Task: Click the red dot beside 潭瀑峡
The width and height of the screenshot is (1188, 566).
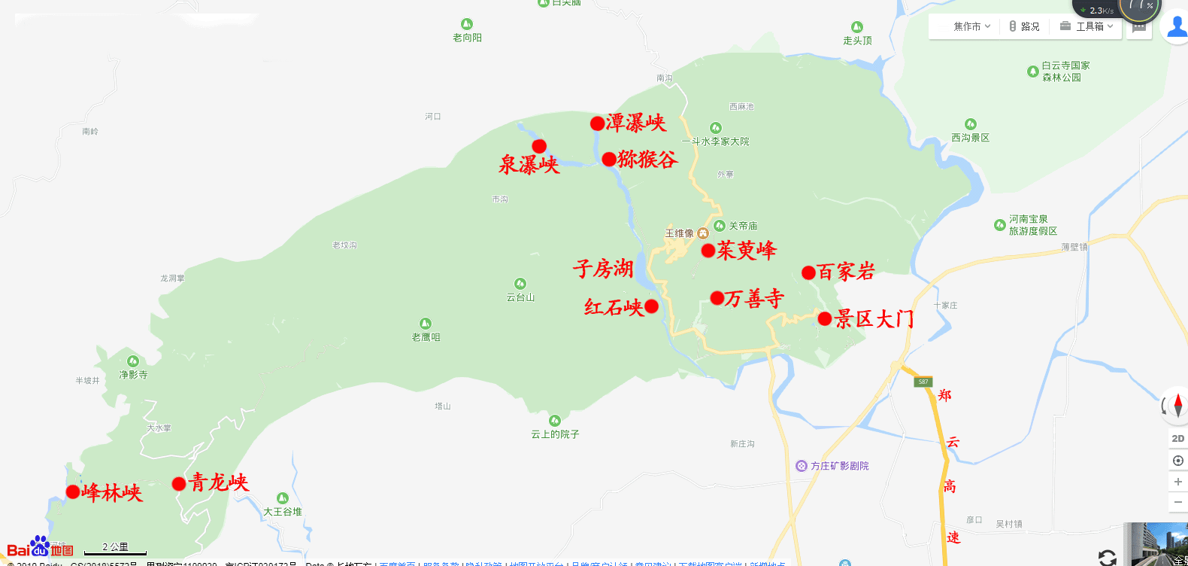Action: (597, 123)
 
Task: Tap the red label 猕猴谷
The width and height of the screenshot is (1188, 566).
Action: (647, 159)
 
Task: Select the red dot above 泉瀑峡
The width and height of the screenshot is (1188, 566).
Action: (539, 146)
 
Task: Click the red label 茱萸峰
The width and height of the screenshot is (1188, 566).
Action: (747, 250)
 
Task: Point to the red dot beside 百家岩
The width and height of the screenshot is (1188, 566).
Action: (809, 272)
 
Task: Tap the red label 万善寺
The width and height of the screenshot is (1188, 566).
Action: (754, 298)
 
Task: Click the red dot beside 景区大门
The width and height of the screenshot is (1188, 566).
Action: (825, 319)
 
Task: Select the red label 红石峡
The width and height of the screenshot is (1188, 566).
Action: (614, 306)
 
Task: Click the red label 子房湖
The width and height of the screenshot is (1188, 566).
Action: (603, 268)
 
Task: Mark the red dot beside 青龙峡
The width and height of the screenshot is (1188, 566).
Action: (179, 484)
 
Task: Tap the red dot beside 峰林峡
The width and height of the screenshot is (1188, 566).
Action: (73, 492)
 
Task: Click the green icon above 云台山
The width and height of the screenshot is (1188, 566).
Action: (520, 285)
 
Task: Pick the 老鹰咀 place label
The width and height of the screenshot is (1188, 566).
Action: (426, 336)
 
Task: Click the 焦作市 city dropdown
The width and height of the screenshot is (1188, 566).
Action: (971, 26)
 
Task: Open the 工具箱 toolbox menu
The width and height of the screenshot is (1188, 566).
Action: (1086, 26)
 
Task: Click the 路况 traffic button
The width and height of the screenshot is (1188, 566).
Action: (1024, 26)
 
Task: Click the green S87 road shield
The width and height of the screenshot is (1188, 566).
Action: (923, 382)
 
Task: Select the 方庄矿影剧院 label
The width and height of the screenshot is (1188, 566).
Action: (839, 466)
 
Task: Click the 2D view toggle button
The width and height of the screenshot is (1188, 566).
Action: (1177, 438)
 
